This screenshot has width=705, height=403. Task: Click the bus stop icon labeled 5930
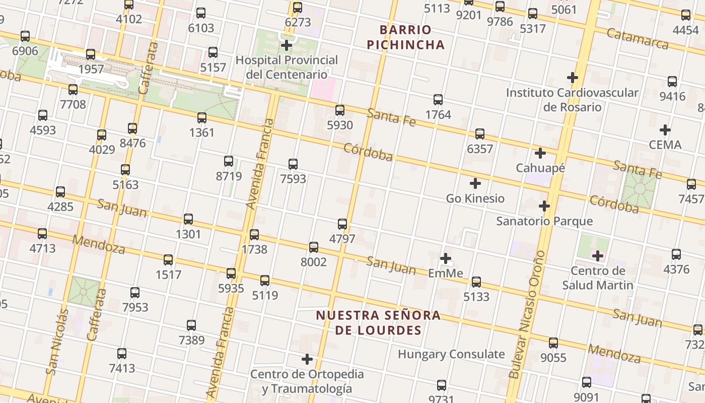point(340,110)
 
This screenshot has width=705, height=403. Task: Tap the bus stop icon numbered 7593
point(293,164)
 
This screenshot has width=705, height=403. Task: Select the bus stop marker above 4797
point(342,224)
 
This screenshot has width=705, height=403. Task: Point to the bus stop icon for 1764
point(438,100)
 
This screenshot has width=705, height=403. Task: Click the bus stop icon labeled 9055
point(553,343)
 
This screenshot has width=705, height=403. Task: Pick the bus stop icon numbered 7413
point(122,354)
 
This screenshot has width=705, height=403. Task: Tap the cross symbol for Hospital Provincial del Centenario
point(287,45)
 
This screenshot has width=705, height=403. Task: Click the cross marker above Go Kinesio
point(475,183)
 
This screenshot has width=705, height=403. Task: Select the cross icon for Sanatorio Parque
point(544,206)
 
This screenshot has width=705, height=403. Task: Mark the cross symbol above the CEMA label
point(665,130)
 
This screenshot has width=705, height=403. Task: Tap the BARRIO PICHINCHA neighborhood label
point(405,37)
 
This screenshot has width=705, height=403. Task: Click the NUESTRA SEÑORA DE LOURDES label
point(378,323)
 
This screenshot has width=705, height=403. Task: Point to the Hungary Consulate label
point(451,354)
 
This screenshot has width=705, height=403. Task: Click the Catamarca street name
point(637,38)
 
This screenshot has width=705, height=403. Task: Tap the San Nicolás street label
point(57,342)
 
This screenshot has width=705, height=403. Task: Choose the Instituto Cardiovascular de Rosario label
point(572,100)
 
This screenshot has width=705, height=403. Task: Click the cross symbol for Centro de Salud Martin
point(598,256)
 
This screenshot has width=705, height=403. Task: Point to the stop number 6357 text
point(480,149)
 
